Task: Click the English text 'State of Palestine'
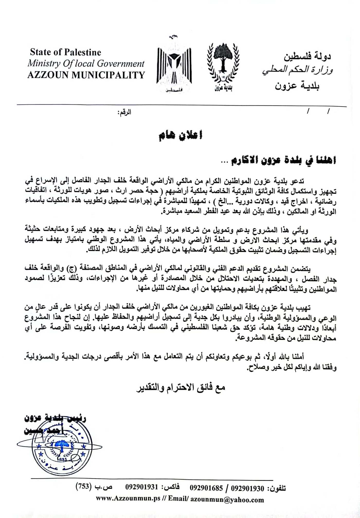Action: click(x=66, y=52)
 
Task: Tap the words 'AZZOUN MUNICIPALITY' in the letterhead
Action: click(x=86, y=75)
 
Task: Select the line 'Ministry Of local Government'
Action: click(x=86, y=63)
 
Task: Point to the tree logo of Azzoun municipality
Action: click(x=223, y=64)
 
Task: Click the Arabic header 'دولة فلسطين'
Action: click(x=307, y=56)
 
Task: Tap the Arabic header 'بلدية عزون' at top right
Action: click(x=297, y=85)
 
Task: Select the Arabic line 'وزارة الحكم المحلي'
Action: click(x=298, y=70)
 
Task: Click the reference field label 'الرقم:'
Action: click(x=124, y=112)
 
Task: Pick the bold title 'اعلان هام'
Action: click(x=181, y=135)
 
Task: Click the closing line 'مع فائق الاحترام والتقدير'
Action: click(x=181, y=387)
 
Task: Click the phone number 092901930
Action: click(x=247, y=488)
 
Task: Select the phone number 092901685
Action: click(x=206, y=488)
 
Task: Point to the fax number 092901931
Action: click(x=141, y=487)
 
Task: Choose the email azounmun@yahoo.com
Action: click(x=227, y=500)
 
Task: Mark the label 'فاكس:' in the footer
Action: click(x=170, y=487)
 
